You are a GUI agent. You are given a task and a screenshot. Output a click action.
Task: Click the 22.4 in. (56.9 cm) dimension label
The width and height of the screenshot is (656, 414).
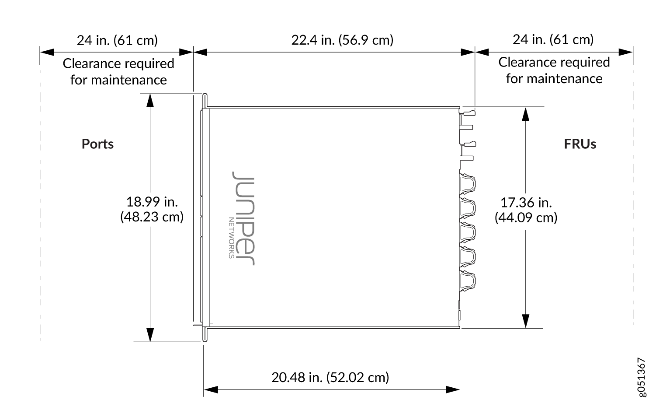[342, 40]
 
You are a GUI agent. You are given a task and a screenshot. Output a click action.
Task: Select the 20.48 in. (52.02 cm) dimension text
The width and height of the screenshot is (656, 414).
[330, 377]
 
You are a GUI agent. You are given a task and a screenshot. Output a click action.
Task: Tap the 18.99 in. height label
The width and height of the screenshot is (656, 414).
[152, 202]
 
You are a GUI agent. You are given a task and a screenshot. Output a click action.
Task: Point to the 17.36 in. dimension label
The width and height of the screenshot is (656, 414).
[526, 203]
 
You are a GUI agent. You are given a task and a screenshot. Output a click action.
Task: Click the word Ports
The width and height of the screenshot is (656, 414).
[97, 144]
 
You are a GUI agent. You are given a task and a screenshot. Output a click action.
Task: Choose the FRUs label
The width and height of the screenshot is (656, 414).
[580, 144]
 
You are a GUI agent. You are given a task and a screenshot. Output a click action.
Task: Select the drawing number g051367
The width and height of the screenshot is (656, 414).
[641, 377]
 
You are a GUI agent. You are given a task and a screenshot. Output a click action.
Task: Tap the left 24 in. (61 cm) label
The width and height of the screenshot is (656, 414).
[117, 40]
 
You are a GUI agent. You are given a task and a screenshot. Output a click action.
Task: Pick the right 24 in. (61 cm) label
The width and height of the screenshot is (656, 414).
[553, 39]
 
